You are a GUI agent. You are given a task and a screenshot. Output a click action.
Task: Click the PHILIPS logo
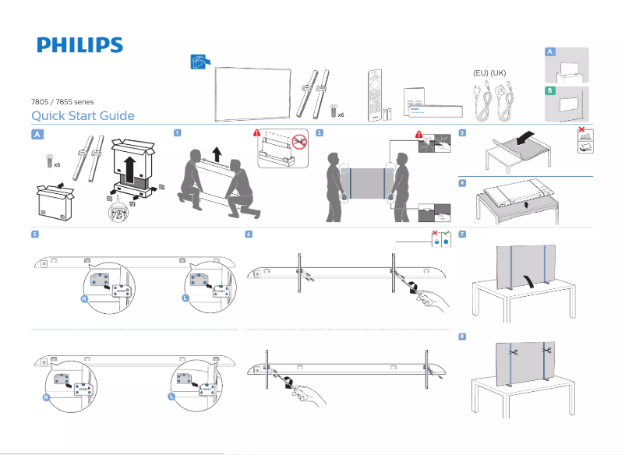(79, 44)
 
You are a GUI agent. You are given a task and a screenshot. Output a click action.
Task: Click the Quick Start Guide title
(82, 116)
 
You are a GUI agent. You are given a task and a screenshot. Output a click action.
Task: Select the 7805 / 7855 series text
(62, 101)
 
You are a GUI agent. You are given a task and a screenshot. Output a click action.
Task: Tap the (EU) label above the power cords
(481, 72)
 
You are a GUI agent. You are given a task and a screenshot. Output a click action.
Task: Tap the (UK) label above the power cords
(499, 72)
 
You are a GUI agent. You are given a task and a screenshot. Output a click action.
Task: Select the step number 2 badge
(320, 133)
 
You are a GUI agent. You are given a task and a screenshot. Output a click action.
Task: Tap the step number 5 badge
(35, 234)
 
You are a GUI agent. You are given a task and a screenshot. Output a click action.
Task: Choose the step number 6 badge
(249, 234)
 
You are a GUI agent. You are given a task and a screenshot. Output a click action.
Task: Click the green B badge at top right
(550, 91)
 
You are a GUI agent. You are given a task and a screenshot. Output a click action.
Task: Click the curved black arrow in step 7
(531, 280)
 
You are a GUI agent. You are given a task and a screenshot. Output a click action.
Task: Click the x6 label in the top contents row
(341, 114)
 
